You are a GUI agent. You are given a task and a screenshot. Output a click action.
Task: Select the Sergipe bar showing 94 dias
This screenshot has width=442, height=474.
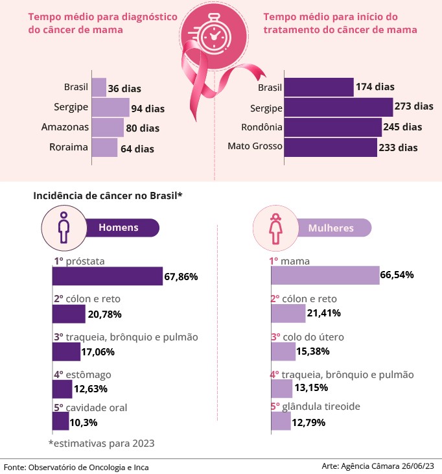point(111,108)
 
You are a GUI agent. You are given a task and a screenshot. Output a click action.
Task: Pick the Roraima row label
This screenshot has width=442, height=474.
point(69,147)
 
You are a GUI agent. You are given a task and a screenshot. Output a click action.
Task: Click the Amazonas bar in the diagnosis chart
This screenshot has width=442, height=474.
point(108,128)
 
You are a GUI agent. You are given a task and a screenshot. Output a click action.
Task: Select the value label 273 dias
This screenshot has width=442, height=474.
point(414,106)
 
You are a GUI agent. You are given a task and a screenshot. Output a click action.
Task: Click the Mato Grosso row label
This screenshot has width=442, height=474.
point(255,147)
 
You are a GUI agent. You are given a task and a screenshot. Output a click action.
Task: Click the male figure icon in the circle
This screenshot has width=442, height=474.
point(63,228)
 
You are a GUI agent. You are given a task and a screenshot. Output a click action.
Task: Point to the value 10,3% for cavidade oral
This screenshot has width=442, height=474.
point(83,421)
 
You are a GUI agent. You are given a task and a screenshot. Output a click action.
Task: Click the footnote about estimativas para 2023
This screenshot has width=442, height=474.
point(102,444)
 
